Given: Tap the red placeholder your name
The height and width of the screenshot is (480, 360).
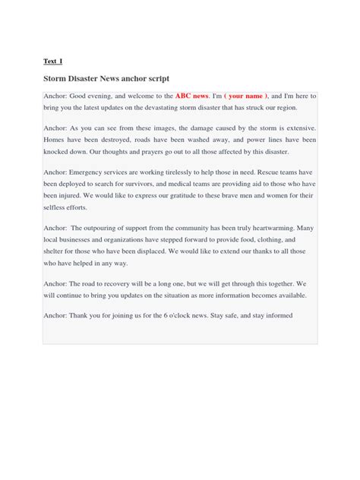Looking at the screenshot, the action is (246, 97).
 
